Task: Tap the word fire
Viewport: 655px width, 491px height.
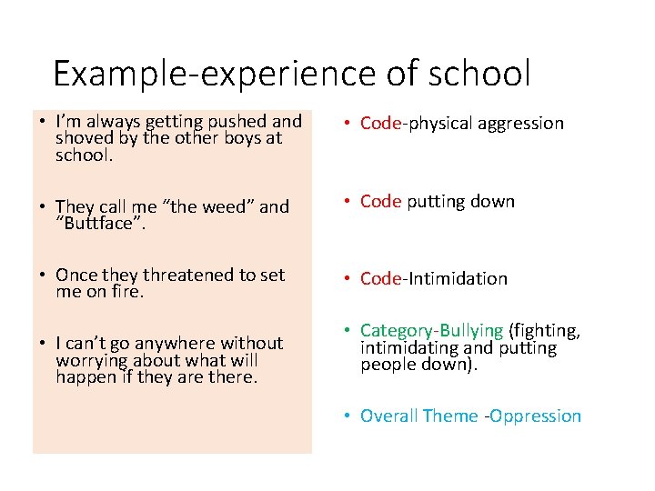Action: tap(127, 292)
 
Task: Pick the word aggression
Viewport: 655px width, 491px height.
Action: tap(515, 124)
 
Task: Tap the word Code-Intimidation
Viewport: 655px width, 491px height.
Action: tap(434, 279)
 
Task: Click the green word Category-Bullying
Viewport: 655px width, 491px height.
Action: tap(432, 330)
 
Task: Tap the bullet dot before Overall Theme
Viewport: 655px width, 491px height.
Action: tap(348, 416)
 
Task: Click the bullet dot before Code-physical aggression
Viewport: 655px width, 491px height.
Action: tap(348, 124)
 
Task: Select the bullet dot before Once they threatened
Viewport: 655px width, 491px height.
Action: tap(43, 276)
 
